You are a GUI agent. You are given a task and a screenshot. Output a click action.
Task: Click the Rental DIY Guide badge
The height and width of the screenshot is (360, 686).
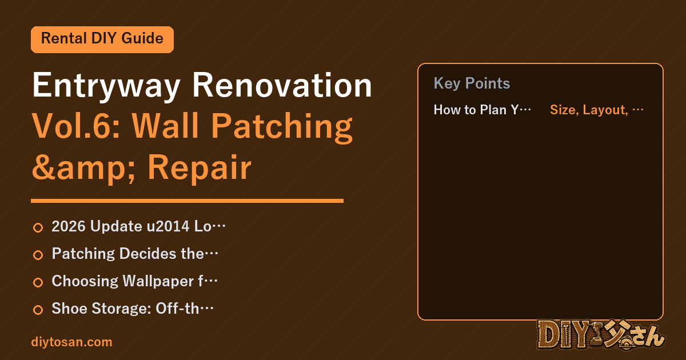click(102, 39)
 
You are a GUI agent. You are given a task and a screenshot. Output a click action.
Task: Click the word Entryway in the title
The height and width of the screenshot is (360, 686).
click(106, 86)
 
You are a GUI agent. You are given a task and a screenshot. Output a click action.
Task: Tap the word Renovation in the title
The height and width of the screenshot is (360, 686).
click(282, 85)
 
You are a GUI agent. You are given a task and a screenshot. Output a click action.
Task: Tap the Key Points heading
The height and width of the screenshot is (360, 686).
click(472, 83)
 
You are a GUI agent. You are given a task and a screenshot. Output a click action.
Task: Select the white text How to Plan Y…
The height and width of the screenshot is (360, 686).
click(482, 110)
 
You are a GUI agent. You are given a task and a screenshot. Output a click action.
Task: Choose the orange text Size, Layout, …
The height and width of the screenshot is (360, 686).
click(597, 110)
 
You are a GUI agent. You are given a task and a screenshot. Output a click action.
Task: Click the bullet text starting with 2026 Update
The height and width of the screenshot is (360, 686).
click(138, 226)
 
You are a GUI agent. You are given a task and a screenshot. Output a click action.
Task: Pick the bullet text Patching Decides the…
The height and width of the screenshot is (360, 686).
click(135, 254)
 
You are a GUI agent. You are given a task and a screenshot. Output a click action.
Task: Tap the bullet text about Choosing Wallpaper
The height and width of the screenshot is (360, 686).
click(134, 281)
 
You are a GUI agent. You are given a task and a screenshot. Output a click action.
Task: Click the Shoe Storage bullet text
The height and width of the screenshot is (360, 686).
click(133, 309)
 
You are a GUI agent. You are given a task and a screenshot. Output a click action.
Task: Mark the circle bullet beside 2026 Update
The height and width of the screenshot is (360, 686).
click(38, 228)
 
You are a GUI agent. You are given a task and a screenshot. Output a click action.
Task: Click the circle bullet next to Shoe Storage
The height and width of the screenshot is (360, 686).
click(38, 310)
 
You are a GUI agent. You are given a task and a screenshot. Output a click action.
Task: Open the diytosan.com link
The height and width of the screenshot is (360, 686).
click(71, 342)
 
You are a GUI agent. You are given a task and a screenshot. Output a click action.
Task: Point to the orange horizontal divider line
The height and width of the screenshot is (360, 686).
click(187, 201)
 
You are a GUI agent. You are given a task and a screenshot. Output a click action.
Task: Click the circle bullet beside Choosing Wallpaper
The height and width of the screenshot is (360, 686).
click(38, 282)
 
